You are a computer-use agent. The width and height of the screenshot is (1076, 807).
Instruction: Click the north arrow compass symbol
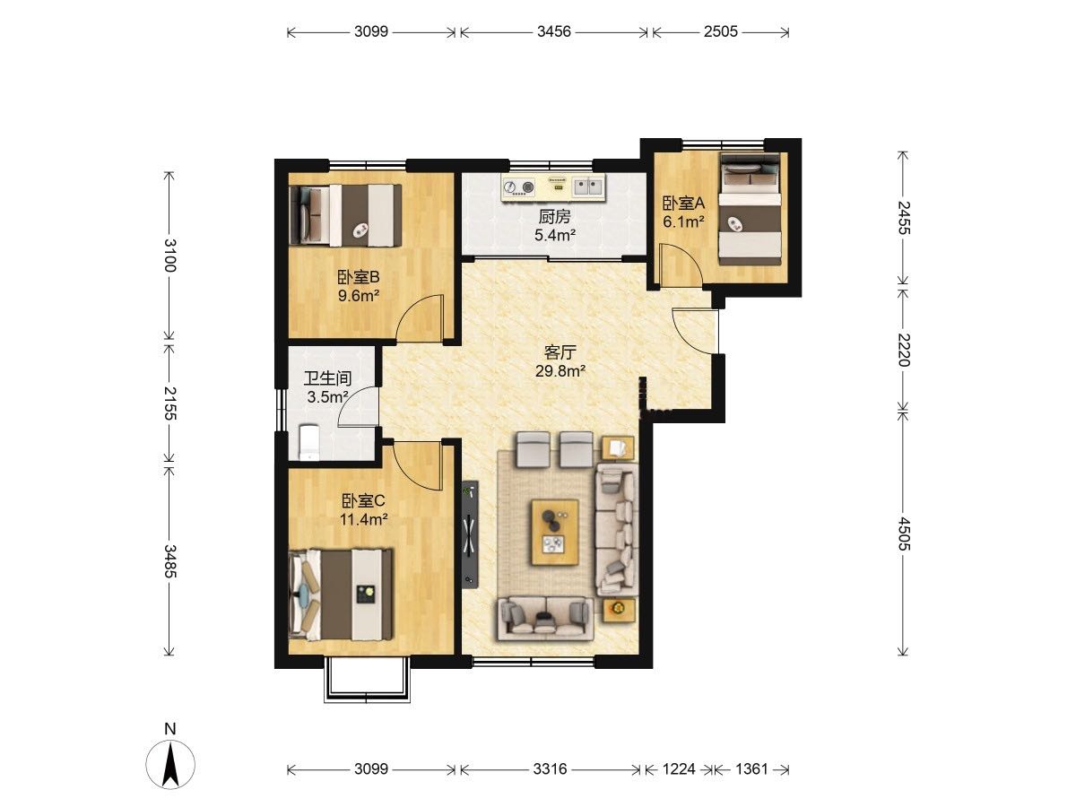click(170, 763)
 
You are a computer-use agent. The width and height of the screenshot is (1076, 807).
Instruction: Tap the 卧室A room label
click(683, 203)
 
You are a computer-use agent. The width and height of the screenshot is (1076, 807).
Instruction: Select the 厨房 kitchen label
click(554, 216)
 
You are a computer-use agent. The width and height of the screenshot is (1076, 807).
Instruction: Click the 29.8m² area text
click(560, 371)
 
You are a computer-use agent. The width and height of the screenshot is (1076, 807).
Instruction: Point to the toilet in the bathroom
click(308, 442)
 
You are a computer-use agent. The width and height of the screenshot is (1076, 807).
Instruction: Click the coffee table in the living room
click(555, 532)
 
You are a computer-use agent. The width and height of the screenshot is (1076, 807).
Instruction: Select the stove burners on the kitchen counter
click(519, 187)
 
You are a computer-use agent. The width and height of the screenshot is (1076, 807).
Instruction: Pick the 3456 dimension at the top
click(554, 32)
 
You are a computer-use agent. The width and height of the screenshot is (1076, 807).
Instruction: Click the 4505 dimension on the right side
click(904, 534)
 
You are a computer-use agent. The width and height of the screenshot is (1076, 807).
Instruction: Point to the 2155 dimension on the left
click(169, 403)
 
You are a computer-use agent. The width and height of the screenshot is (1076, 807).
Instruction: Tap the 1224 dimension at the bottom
click(679, 768)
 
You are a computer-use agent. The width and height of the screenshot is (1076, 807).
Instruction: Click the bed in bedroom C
click(342, 594)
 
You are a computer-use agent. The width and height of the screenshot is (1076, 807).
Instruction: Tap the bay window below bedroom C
click(367, 681)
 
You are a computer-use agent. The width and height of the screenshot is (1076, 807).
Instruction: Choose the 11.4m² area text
click(364, 519)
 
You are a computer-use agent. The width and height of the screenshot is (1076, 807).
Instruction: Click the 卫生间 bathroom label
click(327, 378)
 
